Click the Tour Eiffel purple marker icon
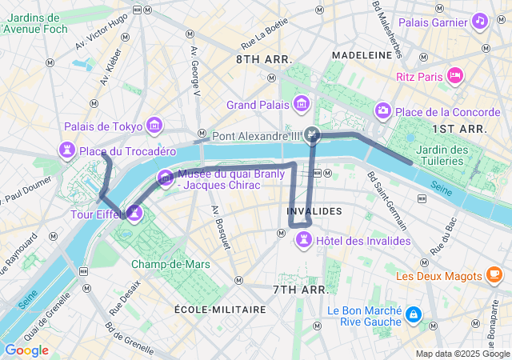click(134, 213)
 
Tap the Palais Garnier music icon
click(480, 21)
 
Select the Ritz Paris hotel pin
click(455, 76)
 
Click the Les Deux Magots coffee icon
click(494, 275)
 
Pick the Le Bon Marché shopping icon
click(413, 314)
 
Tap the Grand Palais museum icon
click(302, 103)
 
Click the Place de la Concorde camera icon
click(383, 110)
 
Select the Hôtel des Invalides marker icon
click(304, 240)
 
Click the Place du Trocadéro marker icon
click(67, 150)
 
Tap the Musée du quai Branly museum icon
click(165, 177)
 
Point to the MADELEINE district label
click(361, 55)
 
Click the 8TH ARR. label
click(264, 60)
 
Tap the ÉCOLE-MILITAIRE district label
click(220, 309)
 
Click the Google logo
click(26, 350)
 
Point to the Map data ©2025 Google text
click(462, 354)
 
